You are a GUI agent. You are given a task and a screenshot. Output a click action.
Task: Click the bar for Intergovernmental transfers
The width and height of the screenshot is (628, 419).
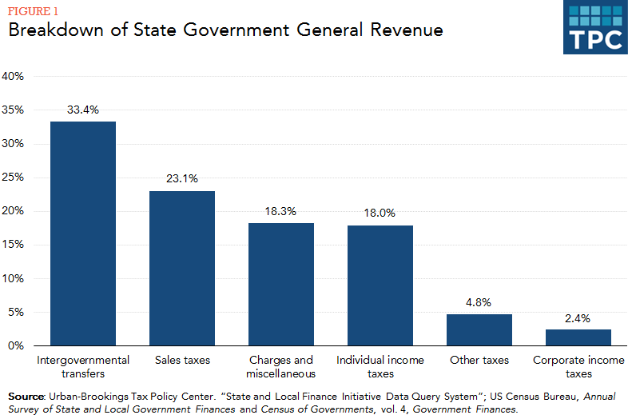tap(83, 233)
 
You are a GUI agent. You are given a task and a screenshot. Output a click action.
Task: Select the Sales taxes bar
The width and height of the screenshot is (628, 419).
tap(182, 268)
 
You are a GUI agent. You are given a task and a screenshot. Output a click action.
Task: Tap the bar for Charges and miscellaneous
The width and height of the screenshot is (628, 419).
tap(281, 284)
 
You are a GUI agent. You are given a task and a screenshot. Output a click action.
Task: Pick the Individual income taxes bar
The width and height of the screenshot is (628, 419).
tap(380, 285)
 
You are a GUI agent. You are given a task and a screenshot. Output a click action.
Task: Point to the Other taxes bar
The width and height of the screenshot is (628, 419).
tap(479, 329)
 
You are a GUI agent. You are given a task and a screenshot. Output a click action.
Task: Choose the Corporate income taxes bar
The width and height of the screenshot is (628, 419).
tap(578, 337)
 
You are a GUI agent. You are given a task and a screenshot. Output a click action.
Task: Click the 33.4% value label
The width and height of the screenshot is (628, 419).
tap(83, 110)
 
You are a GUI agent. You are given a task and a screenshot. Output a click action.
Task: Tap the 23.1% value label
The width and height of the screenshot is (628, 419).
tap(182, 179)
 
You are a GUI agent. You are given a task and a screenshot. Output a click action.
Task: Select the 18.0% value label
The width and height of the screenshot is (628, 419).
tap(380, 213)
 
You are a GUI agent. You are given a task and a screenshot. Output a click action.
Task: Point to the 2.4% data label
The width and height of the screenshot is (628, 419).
tap(578, 317)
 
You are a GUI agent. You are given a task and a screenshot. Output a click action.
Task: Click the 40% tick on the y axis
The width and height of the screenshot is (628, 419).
tap(14, 77)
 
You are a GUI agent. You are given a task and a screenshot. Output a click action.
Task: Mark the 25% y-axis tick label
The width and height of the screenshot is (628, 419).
tap(14, 178)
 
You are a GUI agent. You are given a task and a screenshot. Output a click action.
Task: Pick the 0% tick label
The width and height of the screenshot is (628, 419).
tap(18, 346)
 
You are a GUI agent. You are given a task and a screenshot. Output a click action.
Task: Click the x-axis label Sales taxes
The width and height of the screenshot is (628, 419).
tap(182, 361)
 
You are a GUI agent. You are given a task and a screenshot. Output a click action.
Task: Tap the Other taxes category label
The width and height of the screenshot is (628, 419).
tap(479, 361)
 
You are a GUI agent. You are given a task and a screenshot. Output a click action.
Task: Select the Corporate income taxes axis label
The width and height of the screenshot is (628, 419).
tap(578, 367)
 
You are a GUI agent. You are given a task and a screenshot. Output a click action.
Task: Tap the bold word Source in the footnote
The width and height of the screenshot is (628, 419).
tap(26, 397)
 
